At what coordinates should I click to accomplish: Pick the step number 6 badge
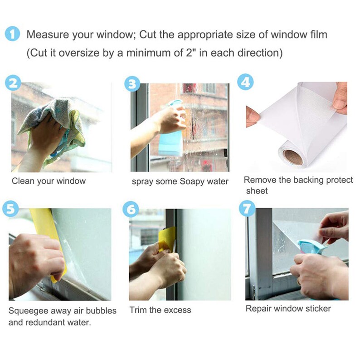131,209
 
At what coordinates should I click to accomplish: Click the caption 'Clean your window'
49,181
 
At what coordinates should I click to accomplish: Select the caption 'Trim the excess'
160,311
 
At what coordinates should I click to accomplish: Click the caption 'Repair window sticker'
288,309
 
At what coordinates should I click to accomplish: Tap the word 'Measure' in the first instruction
47,34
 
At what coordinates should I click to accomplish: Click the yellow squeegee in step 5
45,236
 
